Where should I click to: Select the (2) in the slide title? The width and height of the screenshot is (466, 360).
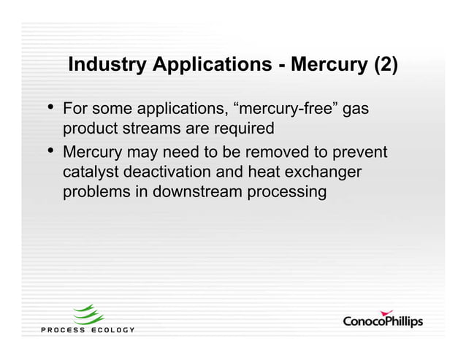tap(385, 65)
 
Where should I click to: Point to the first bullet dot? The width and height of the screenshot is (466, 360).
tap(50, 109)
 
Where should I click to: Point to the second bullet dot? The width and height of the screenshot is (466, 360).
tap(50, 152)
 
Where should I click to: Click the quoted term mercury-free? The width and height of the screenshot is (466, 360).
tap(286, 110)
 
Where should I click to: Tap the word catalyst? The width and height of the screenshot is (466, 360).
tap(91, 174)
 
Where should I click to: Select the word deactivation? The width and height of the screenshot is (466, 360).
tap(171, 174)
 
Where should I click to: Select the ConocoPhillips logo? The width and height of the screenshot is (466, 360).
tap(383, 321)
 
